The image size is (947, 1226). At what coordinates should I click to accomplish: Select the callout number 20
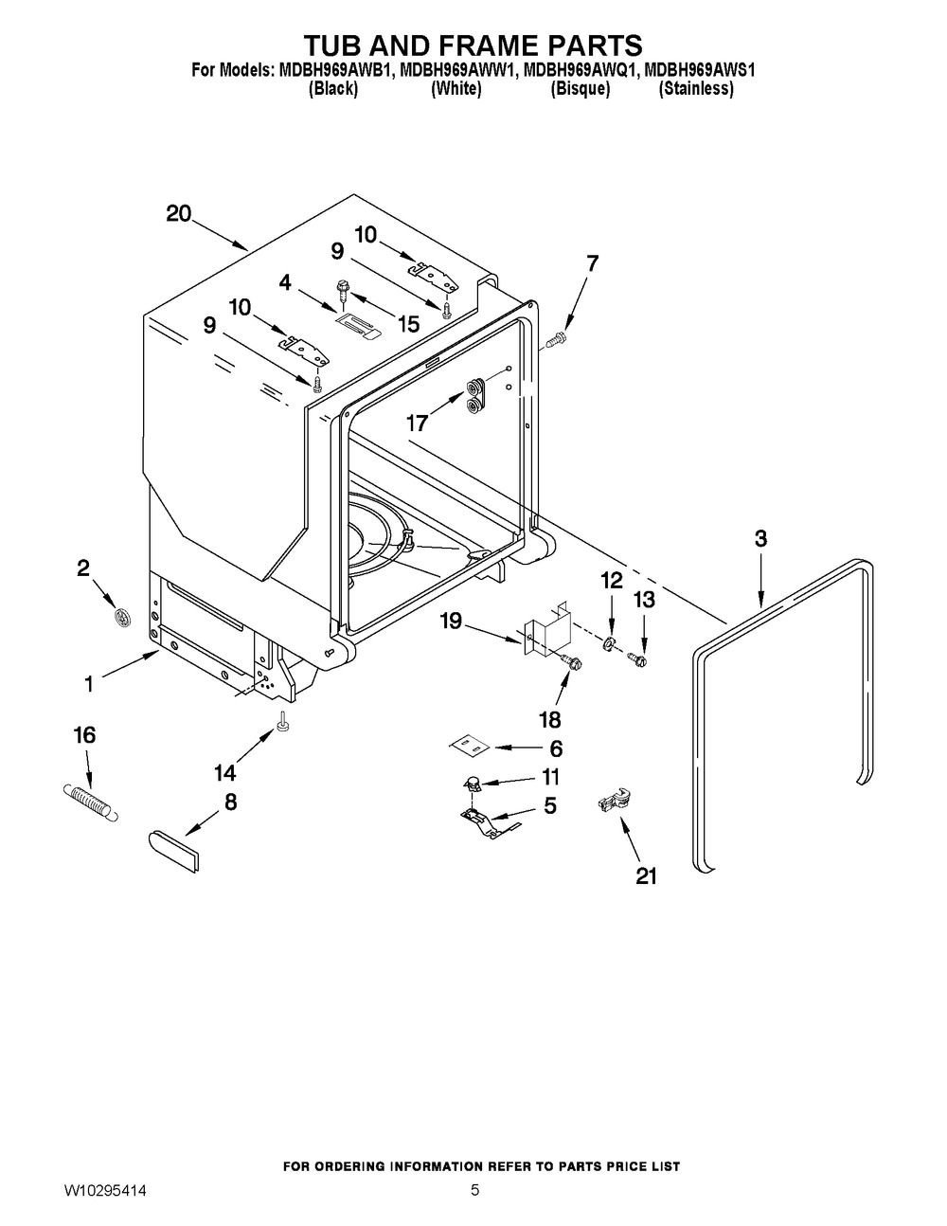coord(179,213)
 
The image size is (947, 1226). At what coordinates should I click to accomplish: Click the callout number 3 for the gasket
coord(760,538)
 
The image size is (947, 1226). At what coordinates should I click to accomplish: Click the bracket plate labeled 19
coord(545,632)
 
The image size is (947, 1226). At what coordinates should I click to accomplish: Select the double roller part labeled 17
coord(473,395)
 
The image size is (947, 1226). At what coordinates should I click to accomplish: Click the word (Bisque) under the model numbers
coord(581,89)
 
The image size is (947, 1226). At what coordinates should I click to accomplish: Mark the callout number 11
coord(549,777)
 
